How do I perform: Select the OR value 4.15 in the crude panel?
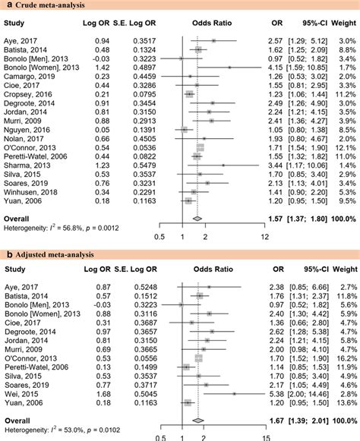279,67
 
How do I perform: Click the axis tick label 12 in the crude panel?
264,236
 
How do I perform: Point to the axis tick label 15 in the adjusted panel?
264,436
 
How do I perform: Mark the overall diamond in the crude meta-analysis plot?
196,219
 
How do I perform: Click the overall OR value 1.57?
278,219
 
